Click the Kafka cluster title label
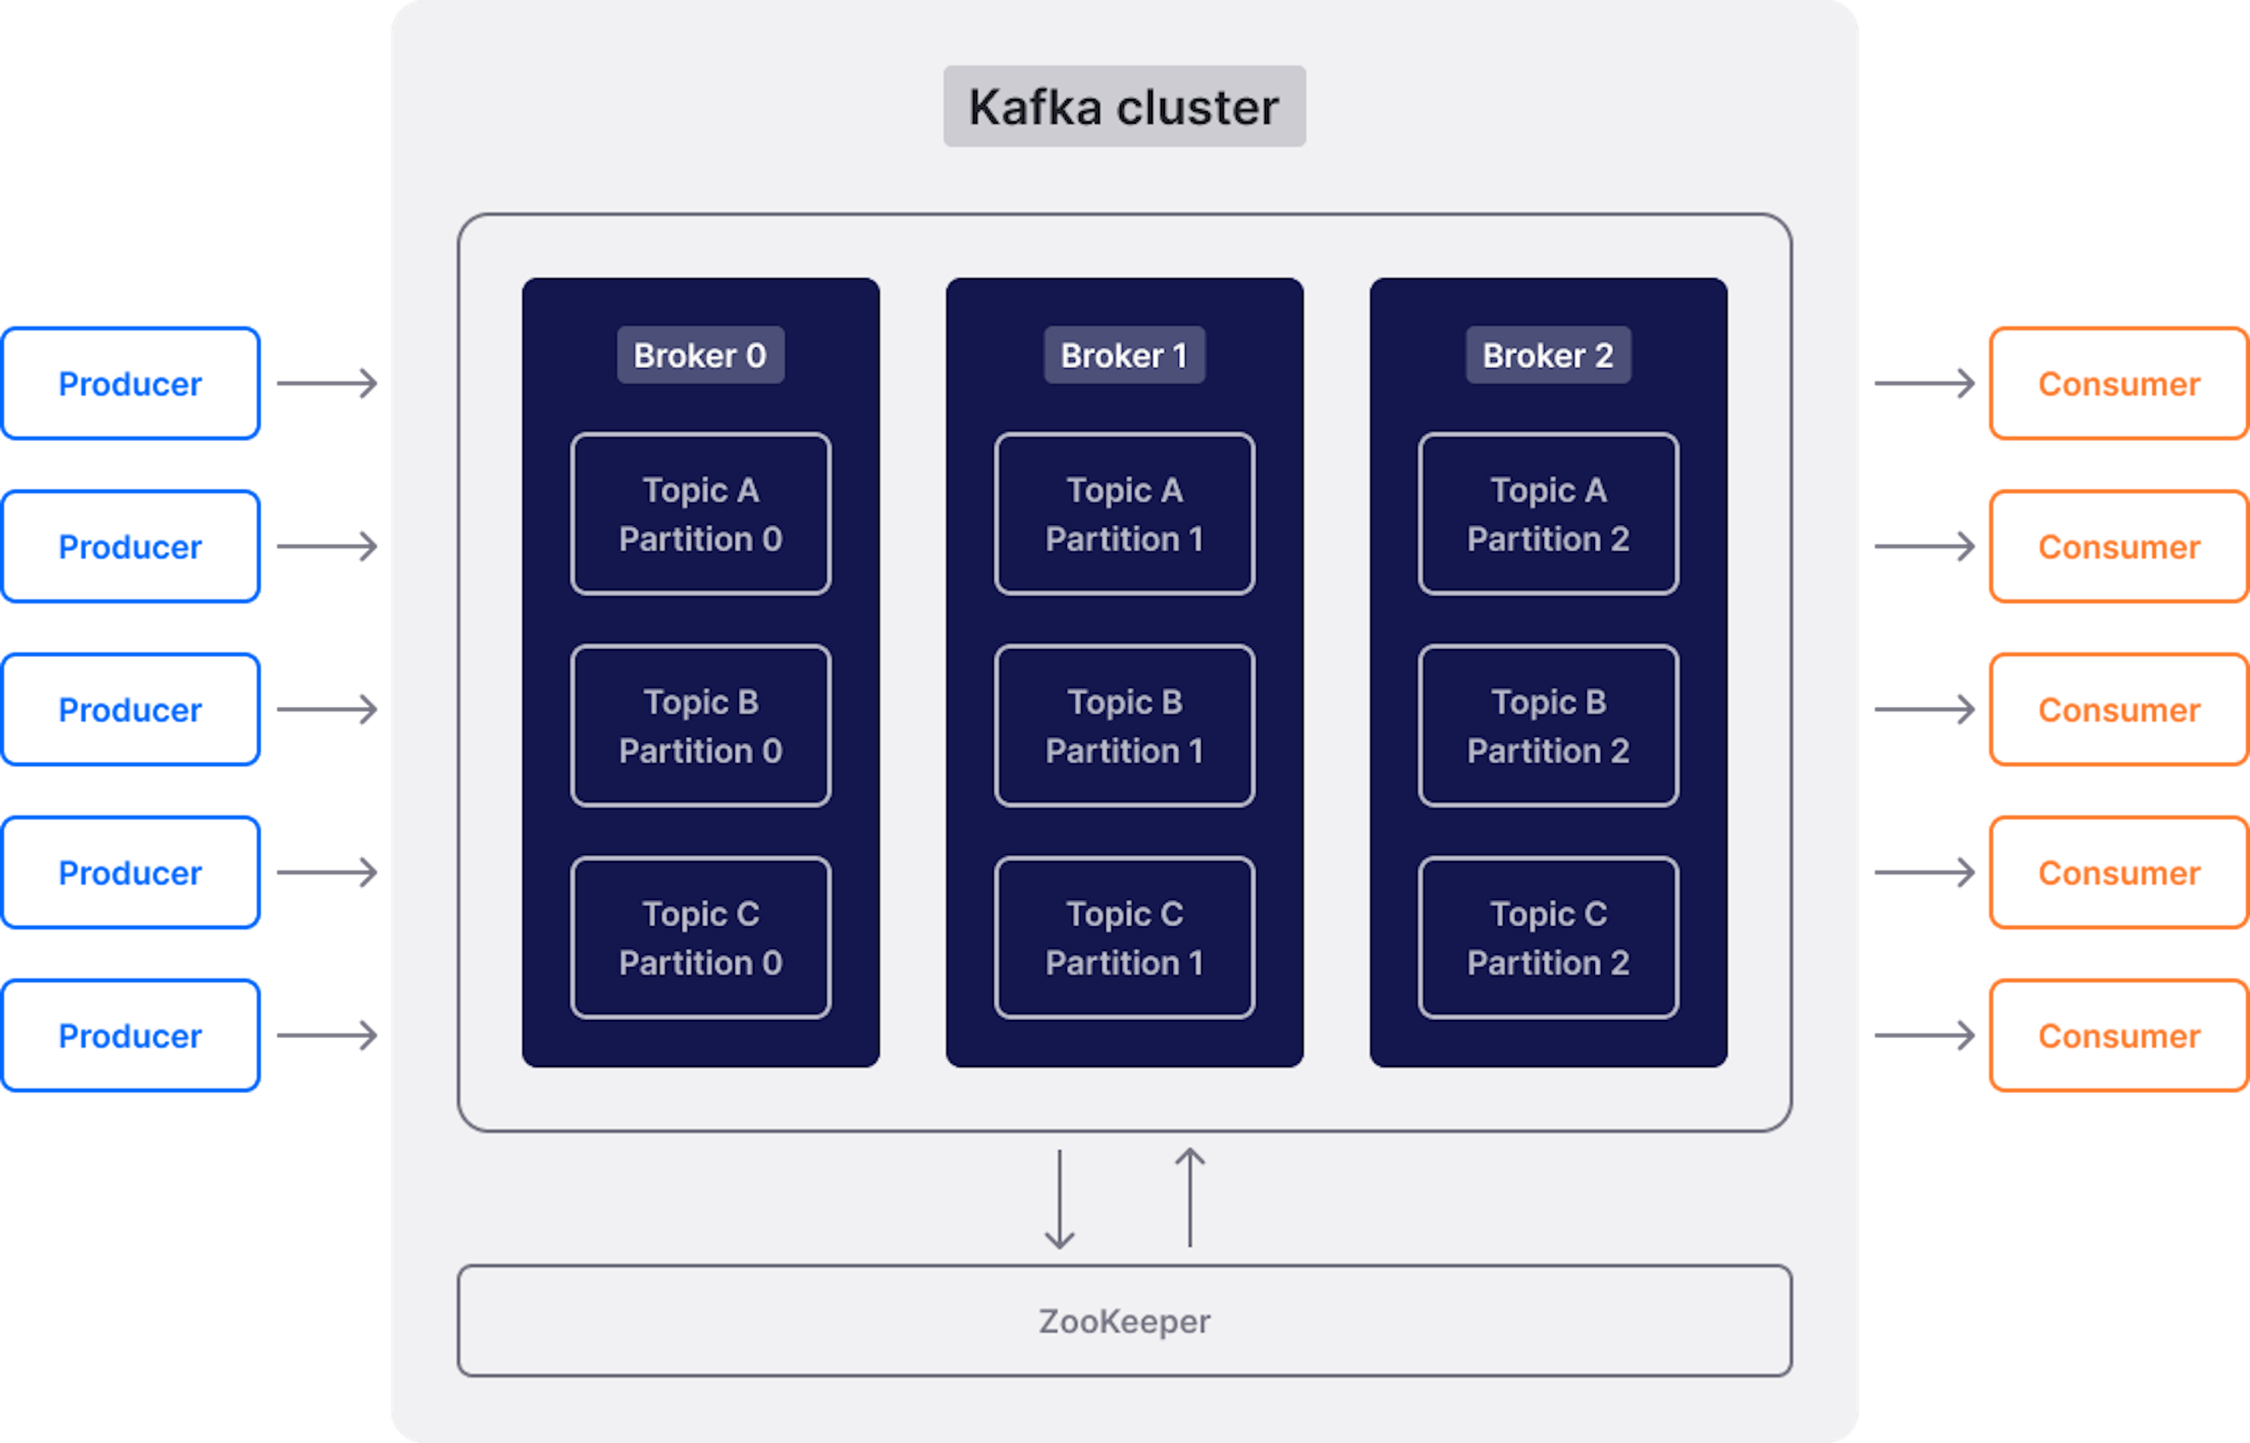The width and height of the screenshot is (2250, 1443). (x=1124, y=106)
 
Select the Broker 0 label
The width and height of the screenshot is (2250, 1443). (x=700, y=355)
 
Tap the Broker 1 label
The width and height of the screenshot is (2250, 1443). (x=1124, y=355)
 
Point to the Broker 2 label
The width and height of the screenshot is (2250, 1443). (x=1548, y=355)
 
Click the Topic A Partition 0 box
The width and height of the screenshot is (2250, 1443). (x=701, y=513)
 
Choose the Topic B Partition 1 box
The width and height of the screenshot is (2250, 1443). (x=1124, y=725)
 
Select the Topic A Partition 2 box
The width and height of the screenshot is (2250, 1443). (x=1548, y=513)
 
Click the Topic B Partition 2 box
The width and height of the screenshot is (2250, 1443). (x=1548, y=725)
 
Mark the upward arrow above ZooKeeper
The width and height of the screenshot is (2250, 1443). (x=1190, y=1198)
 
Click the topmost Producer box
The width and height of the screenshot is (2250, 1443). (x=130, y=383)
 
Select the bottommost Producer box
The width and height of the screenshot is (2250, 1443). (x=130, y=1035)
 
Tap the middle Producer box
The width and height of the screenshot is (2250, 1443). (x=130, y=709)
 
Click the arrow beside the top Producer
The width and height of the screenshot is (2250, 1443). (x=327, y=383)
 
